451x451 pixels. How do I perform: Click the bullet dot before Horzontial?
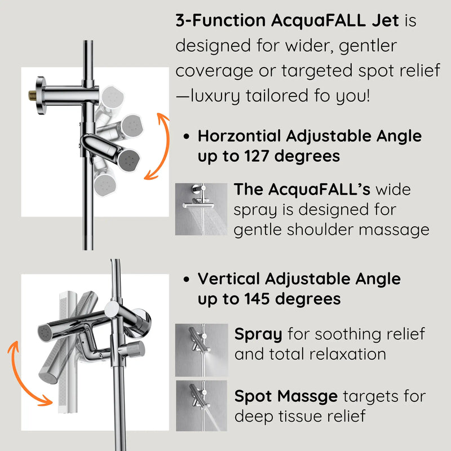pyautogui.click(x=187, y=136)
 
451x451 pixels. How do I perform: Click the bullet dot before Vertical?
pyautogui.click(x=187, y=279)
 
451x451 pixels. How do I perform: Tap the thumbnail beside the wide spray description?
pyautogui.click(x=200, y=209)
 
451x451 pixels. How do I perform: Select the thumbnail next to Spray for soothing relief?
pyautogui.click(x=200, y=350)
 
